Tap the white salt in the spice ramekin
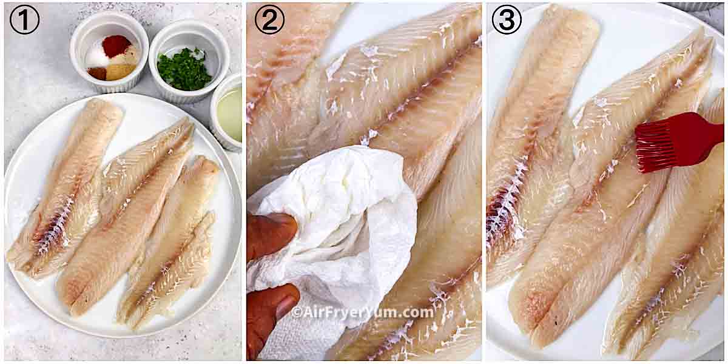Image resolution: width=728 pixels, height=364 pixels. (x=97, y=58)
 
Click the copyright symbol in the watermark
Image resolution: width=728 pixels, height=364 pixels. (x=296, y=312)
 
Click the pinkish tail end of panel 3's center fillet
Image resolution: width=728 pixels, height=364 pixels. (x=528, y=309)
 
